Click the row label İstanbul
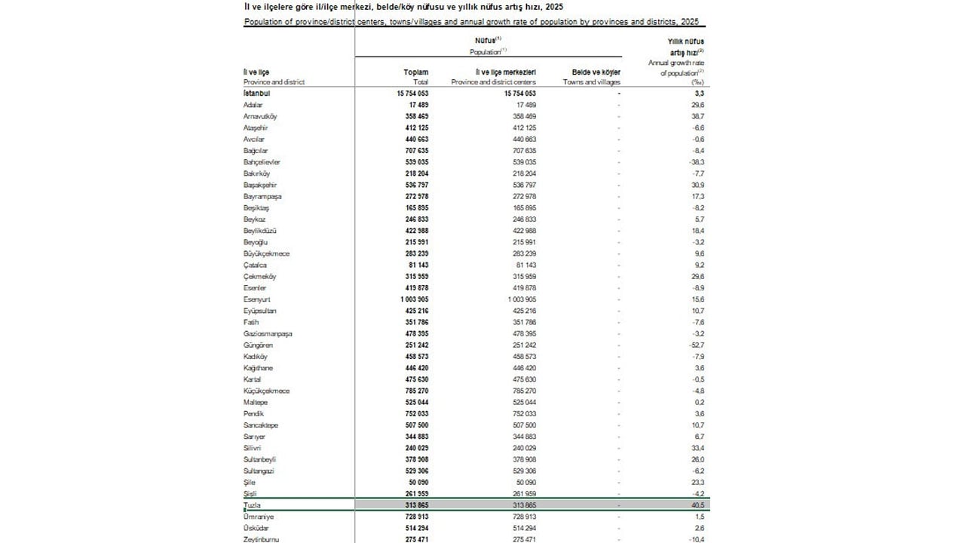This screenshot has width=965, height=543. (x=257, y=93)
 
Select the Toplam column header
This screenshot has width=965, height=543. (x=416, y=72)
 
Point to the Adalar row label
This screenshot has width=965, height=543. (x=253, y=104)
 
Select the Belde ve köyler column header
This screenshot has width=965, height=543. (x=591, y=72)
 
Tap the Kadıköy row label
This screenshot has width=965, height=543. (x=256, y=357)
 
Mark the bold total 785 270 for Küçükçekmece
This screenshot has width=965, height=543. (x=413, y=391)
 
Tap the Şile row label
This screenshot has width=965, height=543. (x=250, y=483)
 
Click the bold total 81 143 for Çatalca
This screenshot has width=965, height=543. (x=415, y=265)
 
